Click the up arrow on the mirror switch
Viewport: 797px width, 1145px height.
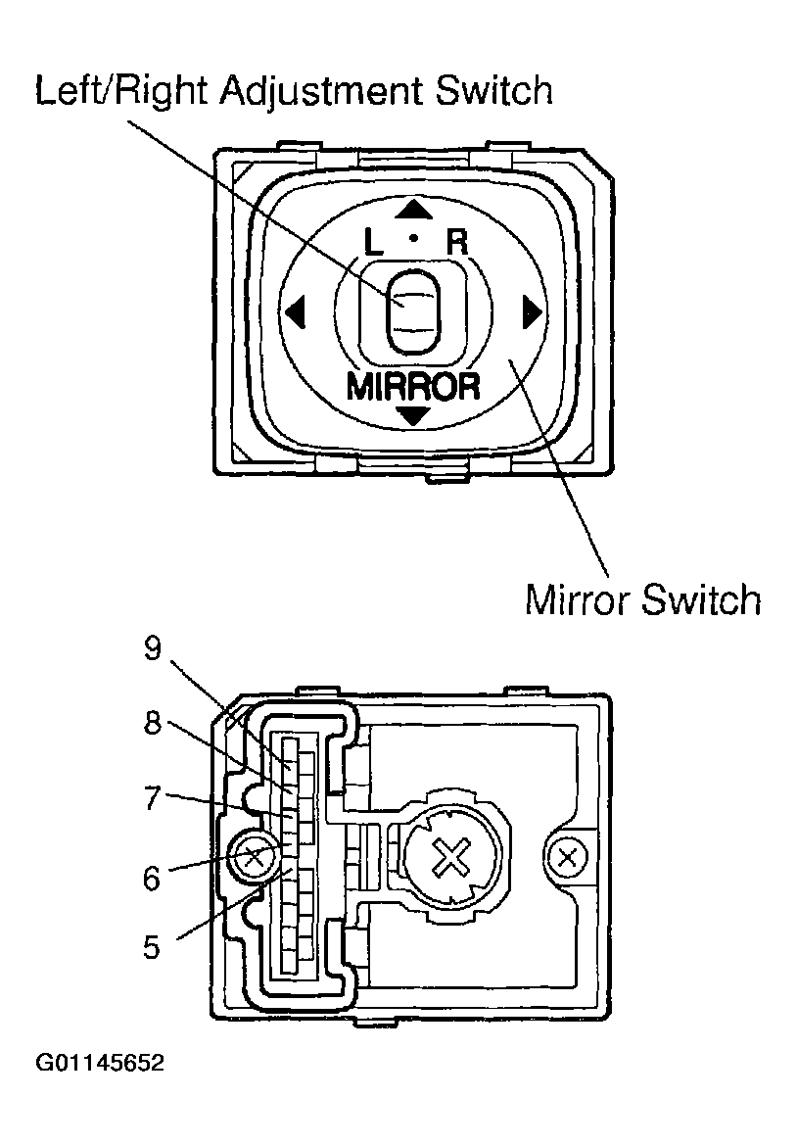pos(415,209)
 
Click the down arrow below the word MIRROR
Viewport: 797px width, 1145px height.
pos(415,416)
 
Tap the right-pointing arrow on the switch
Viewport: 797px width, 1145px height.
pos(532,312)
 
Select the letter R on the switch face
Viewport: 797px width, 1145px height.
pos(457,241)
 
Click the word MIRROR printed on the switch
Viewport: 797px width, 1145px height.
pos(414,386)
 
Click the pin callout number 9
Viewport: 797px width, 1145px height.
pos(152,651)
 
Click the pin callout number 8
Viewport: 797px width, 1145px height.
pos(152,722)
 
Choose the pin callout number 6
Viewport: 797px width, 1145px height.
pos(152,878)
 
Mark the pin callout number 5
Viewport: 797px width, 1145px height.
pos(152,947)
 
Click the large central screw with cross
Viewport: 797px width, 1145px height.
pos(449,861)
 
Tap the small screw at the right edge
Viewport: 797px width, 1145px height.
pos(564,860)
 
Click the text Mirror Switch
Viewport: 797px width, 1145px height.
pos(642,598)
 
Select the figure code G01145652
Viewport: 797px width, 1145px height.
pos(100,1064)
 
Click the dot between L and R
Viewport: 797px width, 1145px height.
pos(414,238)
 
